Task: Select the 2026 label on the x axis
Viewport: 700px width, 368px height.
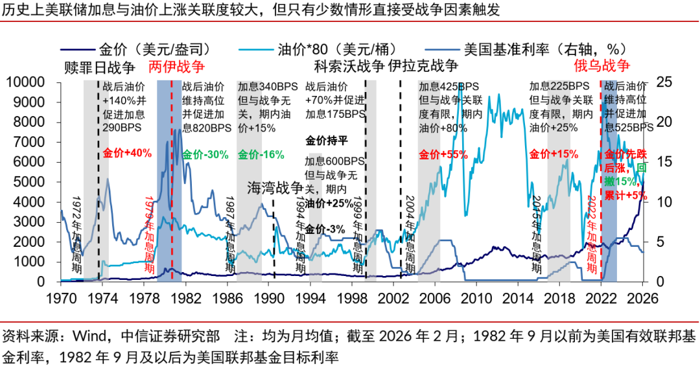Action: [643, 300]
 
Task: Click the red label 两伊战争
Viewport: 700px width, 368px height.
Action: [177, 67]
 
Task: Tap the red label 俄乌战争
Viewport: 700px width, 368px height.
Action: [602, 67]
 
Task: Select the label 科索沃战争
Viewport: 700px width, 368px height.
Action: [349, 67]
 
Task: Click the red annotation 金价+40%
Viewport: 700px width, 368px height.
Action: [127, 154]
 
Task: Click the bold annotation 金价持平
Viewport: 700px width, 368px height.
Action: [327, 139]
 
